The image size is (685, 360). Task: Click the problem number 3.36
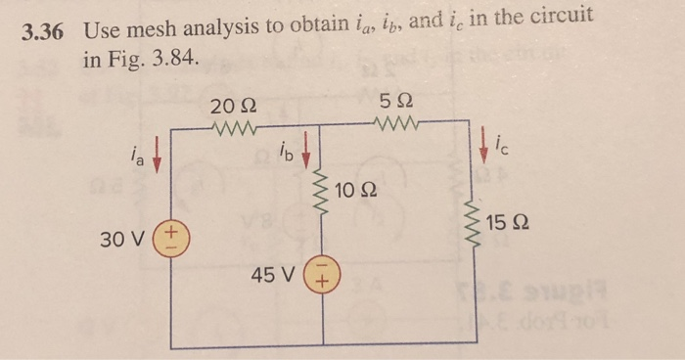pos(43,30)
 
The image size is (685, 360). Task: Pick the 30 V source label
pos(126,239)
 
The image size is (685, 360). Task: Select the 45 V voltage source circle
pos(322,275)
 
